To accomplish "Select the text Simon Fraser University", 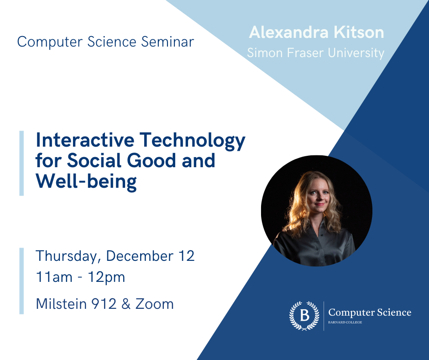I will (x=315, y=53).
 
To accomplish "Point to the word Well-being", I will (x=86, y=181).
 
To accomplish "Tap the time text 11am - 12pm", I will (x=80, y=277).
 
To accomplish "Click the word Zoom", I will (x=159, y=303).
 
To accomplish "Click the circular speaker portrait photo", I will (x=317, y=211).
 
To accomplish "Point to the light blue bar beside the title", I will (x=21, y=163).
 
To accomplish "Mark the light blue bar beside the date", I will (x=21, y=281).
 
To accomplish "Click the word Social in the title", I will (x=95, y=161).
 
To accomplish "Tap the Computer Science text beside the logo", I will (x=370, y=312).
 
